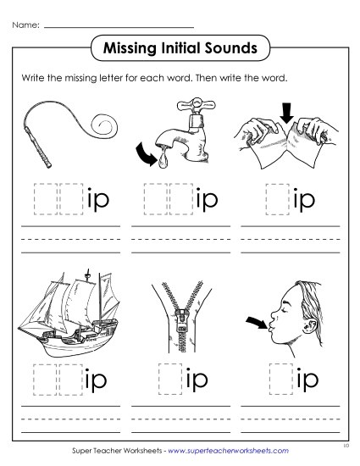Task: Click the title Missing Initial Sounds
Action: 180,48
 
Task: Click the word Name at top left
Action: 25,25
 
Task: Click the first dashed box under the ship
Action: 44,379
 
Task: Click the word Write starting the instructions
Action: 31,77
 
